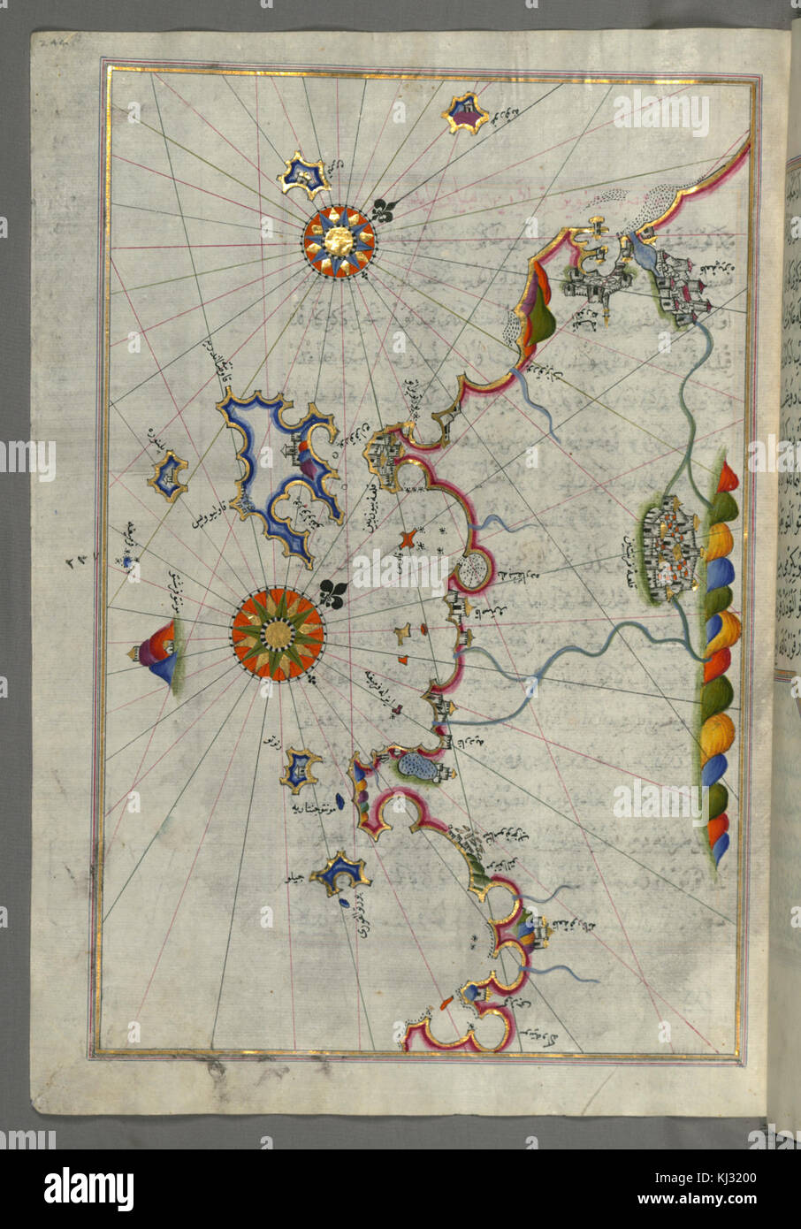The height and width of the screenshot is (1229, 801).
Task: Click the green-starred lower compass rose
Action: tap(278, 633)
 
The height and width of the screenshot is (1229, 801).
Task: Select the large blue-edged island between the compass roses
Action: tap(281, 478)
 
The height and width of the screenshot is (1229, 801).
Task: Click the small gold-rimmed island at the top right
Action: tap(465, 112)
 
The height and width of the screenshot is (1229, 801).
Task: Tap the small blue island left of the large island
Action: tap(168, 477)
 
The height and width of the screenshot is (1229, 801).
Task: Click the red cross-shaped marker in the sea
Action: tap(408, 538)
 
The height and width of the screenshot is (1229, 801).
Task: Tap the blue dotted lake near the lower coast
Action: tap(418, 767)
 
